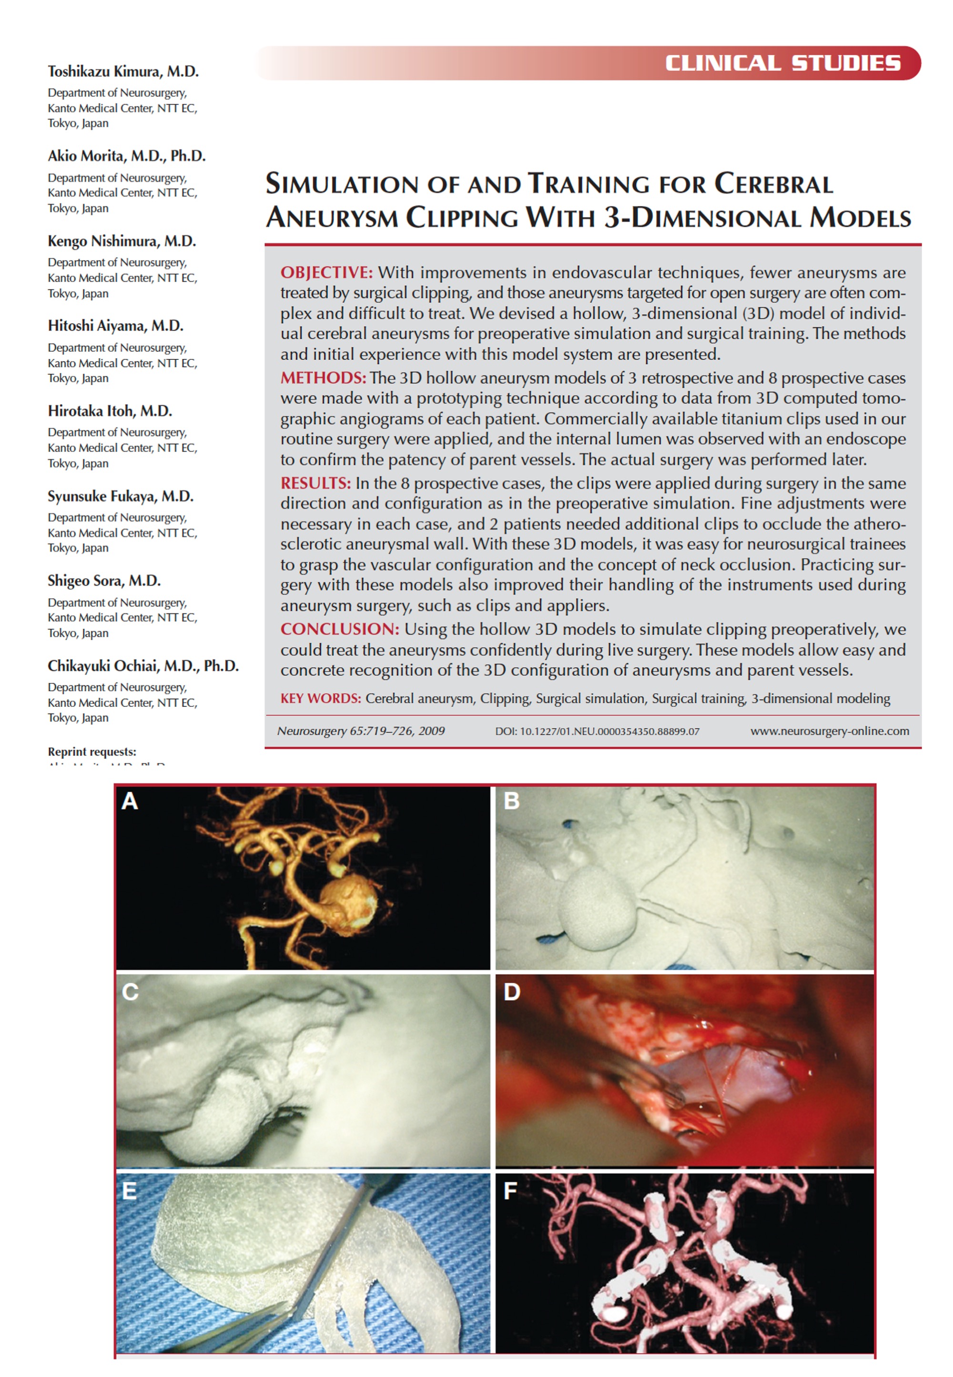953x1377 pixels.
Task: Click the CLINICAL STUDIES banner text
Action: (783, 63)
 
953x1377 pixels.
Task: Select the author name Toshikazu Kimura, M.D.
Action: (123, 71)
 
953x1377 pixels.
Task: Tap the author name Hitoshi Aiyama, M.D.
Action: (115, 326)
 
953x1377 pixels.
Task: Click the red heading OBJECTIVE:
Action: (326, 273)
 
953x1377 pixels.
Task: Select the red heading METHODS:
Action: (323, 378)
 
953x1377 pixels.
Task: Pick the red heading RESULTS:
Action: (316, 483)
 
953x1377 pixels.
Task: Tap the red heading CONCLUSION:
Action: (340, 629)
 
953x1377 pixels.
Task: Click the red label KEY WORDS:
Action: (321, 699)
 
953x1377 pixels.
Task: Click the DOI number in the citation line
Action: (597, 732)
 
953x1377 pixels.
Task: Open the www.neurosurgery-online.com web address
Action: (830, 732)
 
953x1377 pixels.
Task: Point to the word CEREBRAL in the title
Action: (773, 184)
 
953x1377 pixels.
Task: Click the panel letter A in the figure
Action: (130, 801)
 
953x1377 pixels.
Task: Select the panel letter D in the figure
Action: (512, 992)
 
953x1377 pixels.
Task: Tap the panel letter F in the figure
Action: (510, 1191)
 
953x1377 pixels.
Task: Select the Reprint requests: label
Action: (92, 752)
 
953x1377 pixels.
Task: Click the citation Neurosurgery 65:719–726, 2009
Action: (361, 732)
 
